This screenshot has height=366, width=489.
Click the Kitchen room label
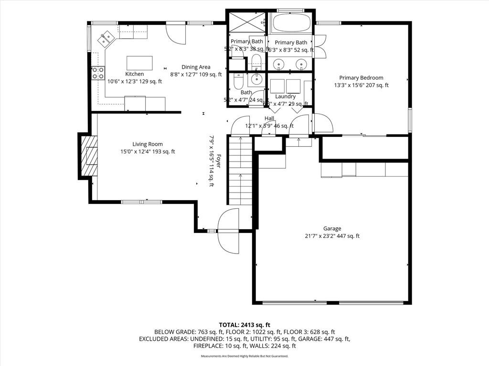134,74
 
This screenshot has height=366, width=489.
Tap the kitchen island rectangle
139,63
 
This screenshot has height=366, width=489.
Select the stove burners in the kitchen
98,73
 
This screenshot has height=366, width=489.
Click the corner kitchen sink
106,37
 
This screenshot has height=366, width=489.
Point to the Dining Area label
196,67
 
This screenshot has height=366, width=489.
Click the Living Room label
148,144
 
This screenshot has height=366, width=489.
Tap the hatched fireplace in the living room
88,156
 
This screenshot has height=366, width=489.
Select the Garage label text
332,228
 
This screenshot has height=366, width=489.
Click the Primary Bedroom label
361,78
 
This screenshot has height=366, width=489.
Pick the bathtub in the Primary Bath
291,22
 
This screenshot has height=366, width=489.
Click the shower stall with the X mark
246,21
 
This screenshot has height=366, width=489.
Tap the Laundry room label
285,96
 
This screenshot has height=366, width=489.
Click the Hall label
269,118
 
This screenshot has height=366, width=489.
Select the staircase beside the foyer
240,170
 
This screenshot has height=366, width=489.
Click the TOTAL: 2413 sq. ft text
244,324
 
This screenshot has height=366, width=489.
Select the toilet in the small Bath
237,84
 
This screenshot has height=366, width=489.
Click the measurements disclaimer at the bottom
244,356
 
